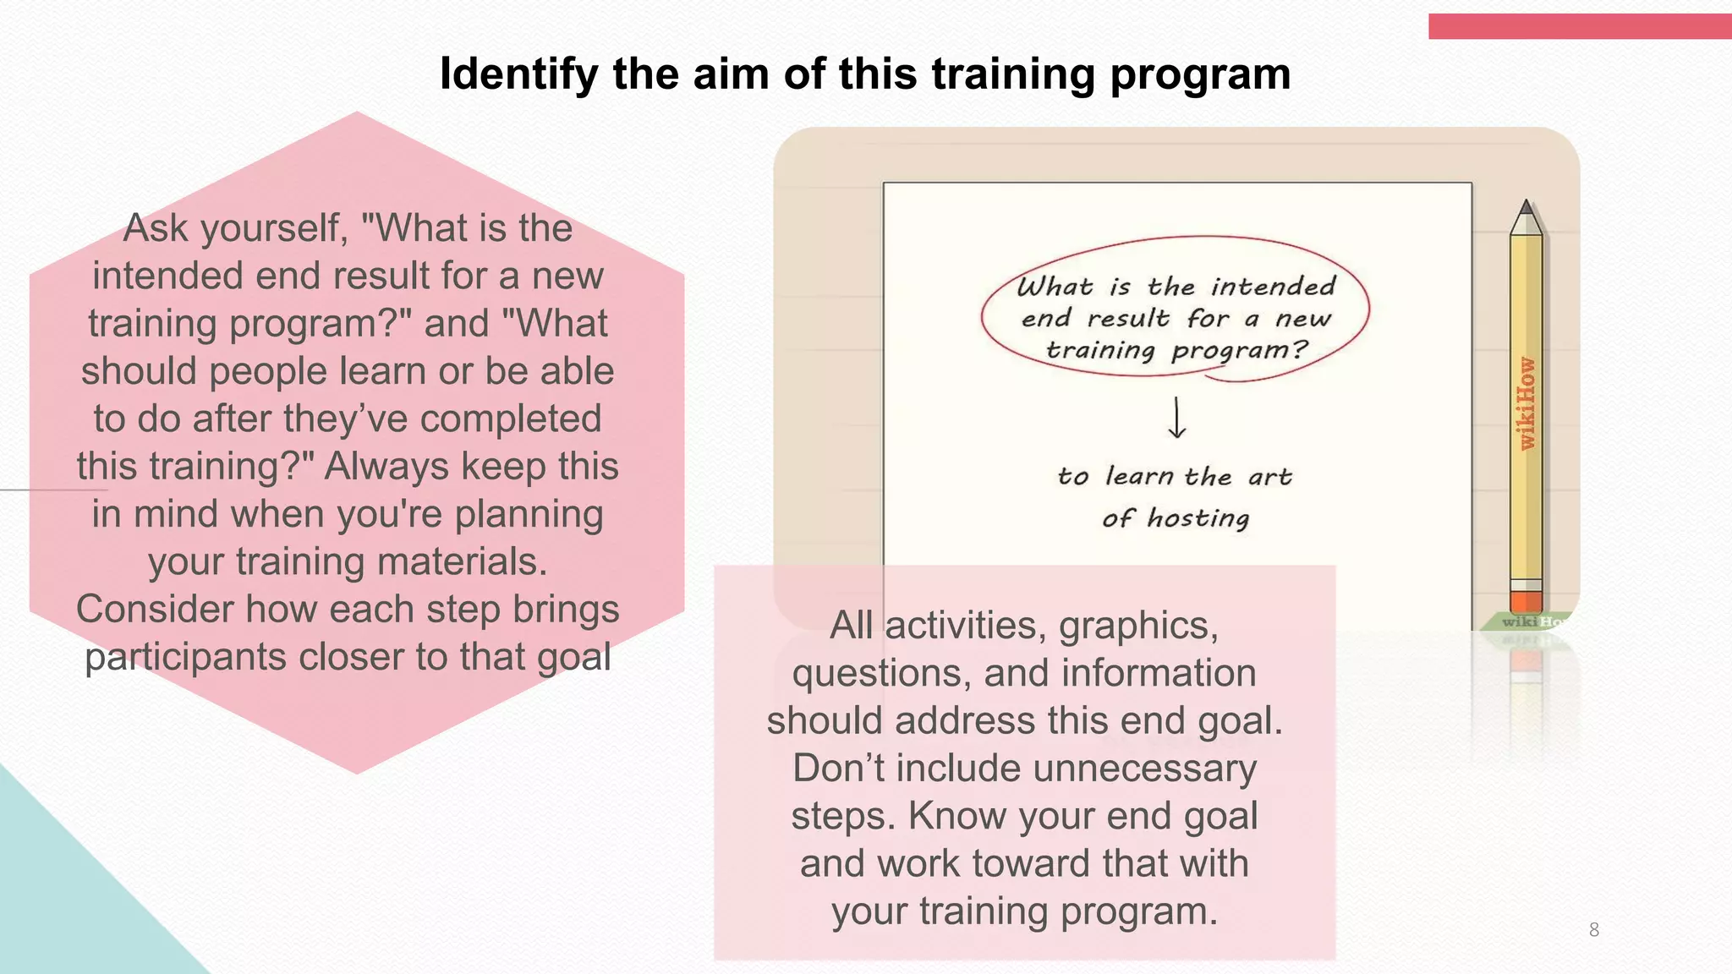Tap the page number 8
[1593, 930]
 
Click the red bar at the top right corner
[1579, 26]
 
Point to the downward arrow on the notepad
[1176, 418]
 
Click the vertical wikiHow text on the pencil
[1526, 403]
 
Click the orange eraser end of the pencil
[1526, 601]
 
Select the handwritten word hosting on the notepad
[1198, 517]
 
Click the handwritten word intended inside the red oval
[1273, 287]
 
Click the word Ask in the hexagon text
[155, 228]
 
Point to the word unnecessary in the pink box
[1145, 769]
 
